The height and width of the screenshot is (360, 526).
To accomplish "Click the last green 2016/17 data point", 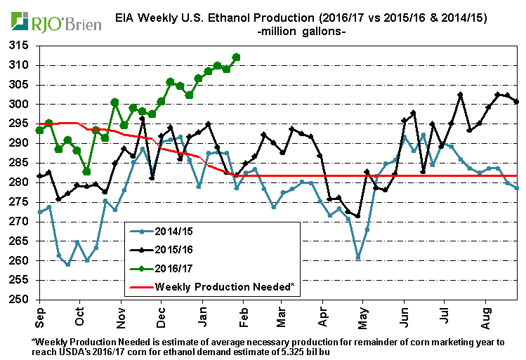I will [236, 57].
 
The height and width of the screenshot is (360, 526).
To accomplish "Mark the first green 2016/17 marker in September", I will [39, 130].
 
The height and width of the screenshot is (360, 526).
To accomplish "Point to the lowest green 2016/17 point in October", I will [86, 171].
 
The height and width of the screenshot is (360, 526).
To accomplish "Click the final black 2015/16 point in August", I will [517, 101].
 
